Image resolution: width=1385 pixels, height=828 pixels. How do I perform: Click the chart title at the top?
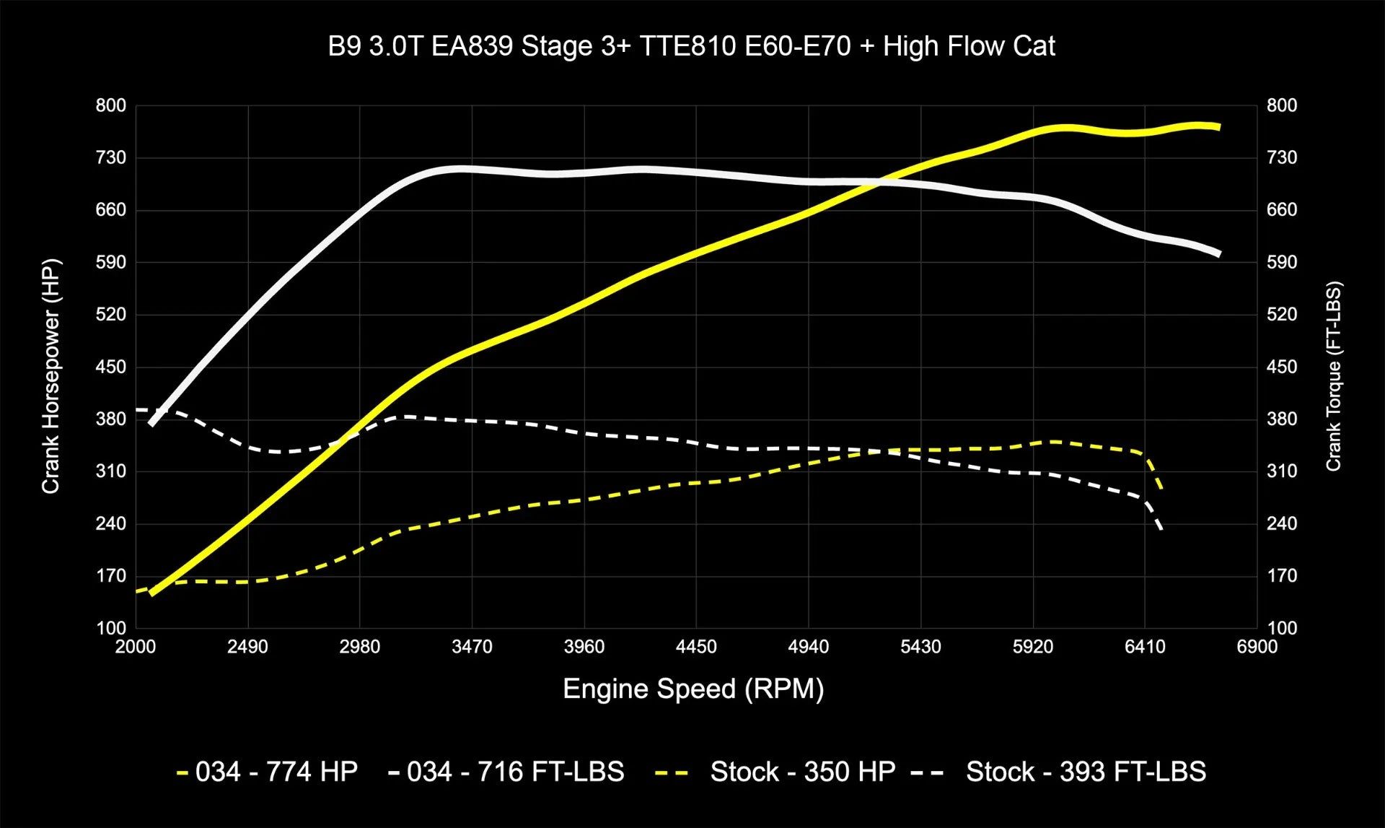point(691,46)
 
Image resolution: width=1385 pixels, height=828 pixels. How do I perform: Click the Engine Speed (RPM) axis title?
point(692,689)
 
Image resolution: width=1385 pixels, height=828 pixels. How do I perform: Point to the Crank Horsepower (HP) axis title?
point(50,375)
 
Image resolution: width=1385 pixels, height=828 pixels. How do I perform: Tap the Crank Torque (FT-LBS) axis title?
point(1333,375)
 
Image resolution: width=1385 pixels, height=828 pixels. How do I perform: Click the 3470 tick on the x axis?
point(472,646)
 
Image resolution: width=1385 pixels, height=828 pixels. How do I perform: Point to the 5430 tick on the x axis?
point(920,646)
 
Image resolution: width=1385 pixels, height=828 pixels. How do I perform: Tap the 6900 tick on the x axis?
point(1257,646)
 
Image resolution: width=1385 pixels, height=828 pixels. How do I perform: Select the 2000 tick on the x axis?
point(136,646)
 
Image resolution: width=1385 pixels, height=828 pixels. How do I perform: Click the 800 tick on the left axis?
point(111,105)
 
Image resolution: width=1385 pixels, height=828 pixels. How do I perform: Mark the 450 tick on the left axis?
point(111,367)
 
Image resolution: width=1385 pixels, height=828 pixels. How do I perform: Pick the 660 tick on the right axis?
point(1282,210)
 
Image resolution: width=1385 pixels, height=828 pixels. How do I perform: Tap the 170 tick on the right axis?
point(1282,576)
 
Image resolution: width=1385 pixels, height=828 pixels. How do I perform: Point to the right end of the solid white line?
point(1218,253)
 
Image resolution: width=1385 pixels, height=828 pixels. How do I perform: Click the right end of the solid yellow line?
point(1218,127)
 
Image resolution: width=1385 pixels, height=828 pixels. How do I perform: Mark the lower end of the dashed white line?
point(1161,529)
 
